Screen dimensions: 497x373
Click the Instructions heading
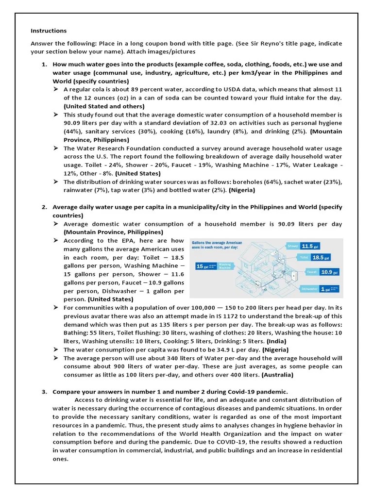[x=49, y=31]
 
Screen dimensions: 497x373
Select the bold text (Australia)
[x=277, y=375]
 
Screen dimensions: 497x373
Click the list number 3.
[x=44, y=392]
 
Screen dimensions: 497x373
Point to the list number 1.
[x=44, y=64]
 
